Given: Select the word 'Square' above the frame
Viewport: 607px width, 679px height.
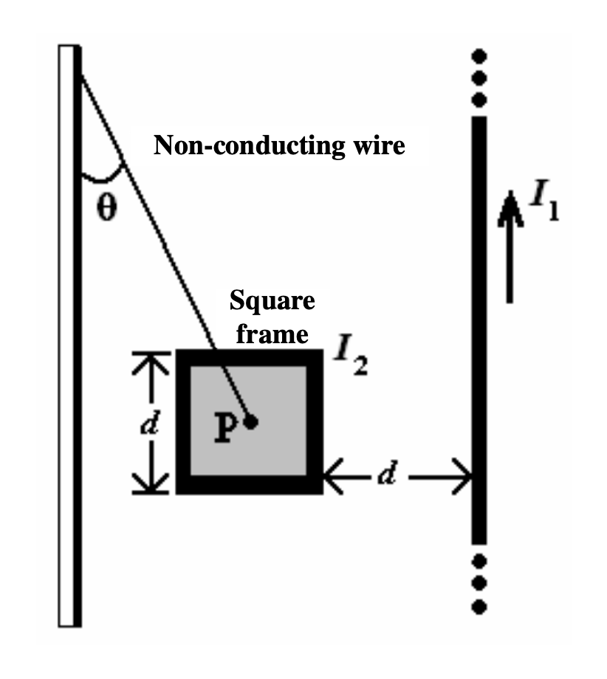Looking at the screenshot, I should [x=272, y=302].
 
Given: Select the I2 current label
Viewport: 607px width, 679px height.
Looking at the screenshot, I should [x=350, y=359].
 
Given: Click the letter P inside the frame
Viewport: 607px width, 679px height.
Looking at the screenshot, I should [x=227, y=427].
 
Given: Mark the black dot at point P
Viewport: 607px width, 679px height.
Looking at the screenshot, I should [x=251, y=422].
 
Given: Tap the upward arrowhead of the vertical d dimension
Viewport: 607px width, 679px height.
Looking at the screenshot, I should [x=151, y=362].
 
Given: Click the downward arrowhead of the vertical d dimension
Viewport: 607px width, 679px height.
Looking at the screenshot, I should [x=151, y=483].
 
